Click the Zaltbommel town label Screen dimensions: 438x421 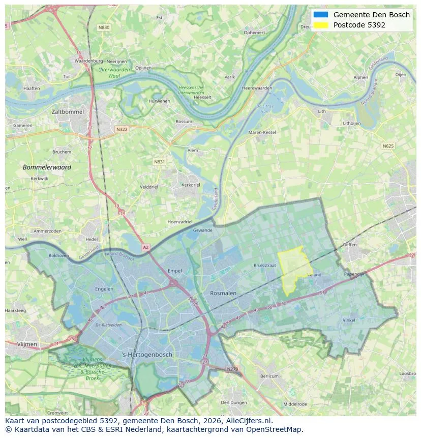point(68,111)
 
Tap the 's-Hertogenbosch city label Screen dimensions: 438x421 point(147,355)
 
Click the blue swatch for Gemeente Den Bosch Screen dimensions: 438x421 point(321,15)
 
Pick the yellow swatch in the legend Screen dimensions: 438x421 point(321,25)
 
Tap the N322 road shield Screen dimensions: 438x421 point(122,129)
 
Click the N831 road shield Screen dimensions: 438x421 point(160,162)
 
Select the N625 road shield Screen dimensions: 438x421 point(388,146)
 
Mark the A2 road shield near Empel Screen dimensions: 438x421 point(146,247)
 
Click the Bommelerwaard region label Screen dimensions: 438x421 point(47,167)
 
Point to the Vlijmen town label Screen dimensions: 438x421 point(27,344)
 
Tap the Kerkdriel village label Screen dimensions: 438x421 point(191,185)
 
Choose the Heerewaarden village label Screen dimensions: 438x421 point(257,88)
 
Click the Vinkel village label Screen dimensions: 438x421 point(349,320)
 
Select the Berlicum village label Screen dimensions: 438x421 point(269,376)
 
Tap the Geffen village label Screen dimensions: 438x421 point(350,244)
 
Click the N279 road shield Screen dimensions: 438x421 point(232,369)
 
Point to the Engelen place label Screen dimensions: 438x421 point(104,289)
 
